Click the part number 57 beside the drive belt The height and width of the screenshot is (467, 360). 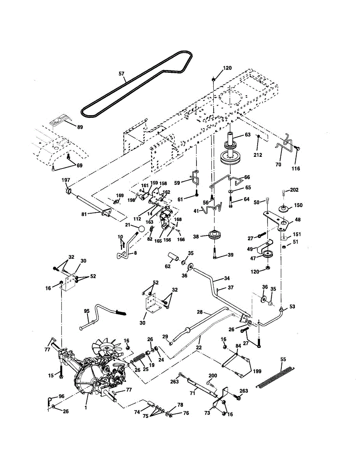pos(121,74)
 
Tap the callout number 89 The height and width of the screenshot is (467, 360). pos(80,127)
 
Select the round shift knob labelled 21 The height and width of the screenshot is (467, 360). pos(141,228)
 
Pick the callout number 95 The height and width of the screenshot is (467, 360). pos(86,311)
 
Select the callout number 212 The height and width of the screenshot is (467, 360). pos(258,155)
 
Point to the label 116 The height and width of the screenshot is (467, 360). pos(295,169)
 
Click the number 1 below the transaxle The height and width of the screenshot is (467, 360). pos(86,407)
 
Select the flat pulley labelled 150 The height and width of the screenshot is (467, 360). pos(284,209)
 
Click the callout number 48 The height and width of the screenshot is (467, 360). pos(298,219)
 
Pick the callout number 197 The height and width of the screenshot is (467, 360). pos(66,180)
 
